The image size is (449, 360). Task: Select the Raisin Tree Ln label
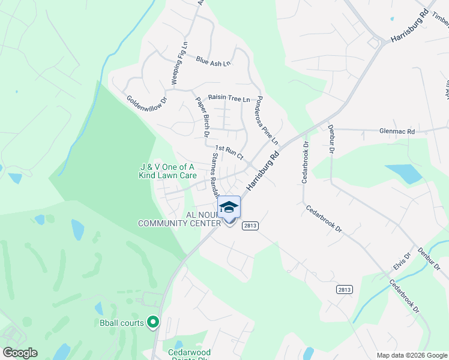229,98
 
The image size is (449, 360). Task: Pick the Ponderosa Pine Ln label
267,120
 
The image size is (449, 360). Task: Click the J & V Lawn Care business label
168,171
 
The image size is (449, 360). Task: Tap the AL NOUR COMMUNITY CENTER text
179,219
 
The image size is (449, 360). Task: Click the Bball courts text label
122,323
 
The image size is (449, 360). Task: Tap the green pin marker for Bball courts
152,323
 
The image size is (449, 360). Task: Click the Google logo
20,353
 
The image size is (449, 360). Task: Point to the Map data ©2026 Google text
411,355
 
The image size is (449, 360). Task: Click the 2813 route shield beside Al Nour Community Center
250,226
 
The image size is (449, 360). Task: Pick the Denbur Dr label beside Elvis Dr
429,259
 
